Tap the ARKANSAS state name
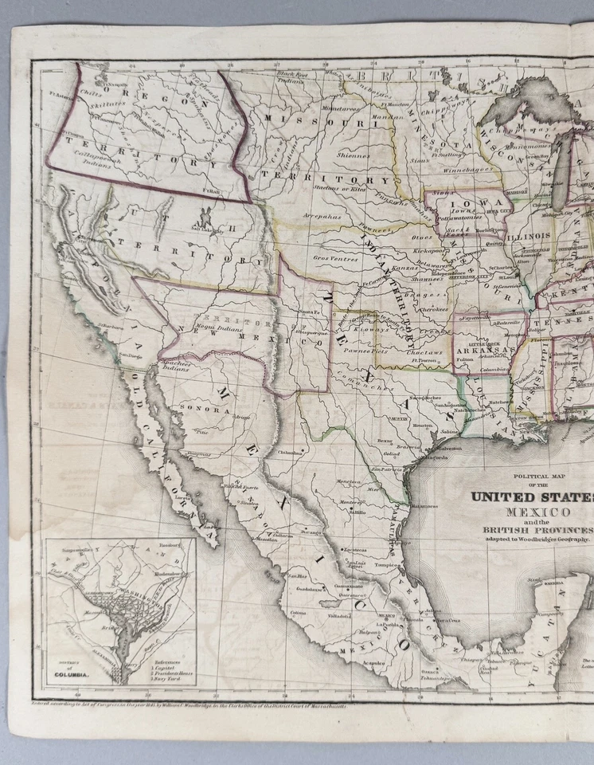point(480,347)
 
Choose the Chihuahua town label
point(291,452)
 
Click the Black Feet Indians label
point(291,77)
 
